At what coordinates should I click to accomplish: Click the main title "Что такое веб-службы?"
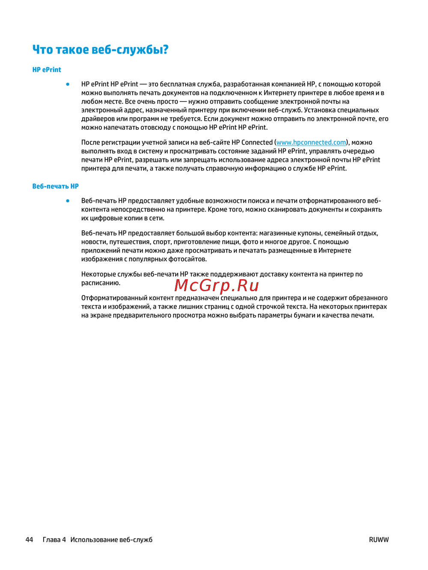tap(100, 50)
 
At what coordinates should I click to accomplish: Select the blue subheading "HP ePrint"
tap(47, 70)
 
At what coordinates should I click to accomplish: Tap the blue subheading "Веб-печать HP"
tap(55, 186)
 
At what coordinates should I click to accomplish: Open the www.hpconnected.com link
tap(311, 143)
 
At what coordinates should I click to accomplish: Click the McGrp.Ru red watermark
tap(217, 285)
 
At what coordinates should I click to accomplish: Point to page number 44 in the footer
tap(29, 540)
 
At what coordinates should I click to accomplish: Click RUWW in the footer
tap(379, 540)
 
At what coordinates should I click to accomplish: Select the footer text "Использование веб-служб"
tap(111, 540)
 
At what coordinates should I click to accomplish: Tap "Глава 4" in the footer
tap(54, 540)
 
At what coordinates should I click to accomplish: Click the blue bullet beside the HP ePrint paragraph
tap(68, 84)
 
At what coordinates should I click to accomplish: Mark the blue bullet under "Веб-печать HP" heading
tap(68, 200)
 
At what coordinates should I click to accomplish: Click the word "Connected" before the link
tap(257, 143)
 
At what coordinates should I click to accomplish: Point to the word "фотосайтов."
tap(187, 259)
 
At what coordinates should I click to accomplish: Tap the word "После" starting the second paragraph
tap(90, 143)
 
